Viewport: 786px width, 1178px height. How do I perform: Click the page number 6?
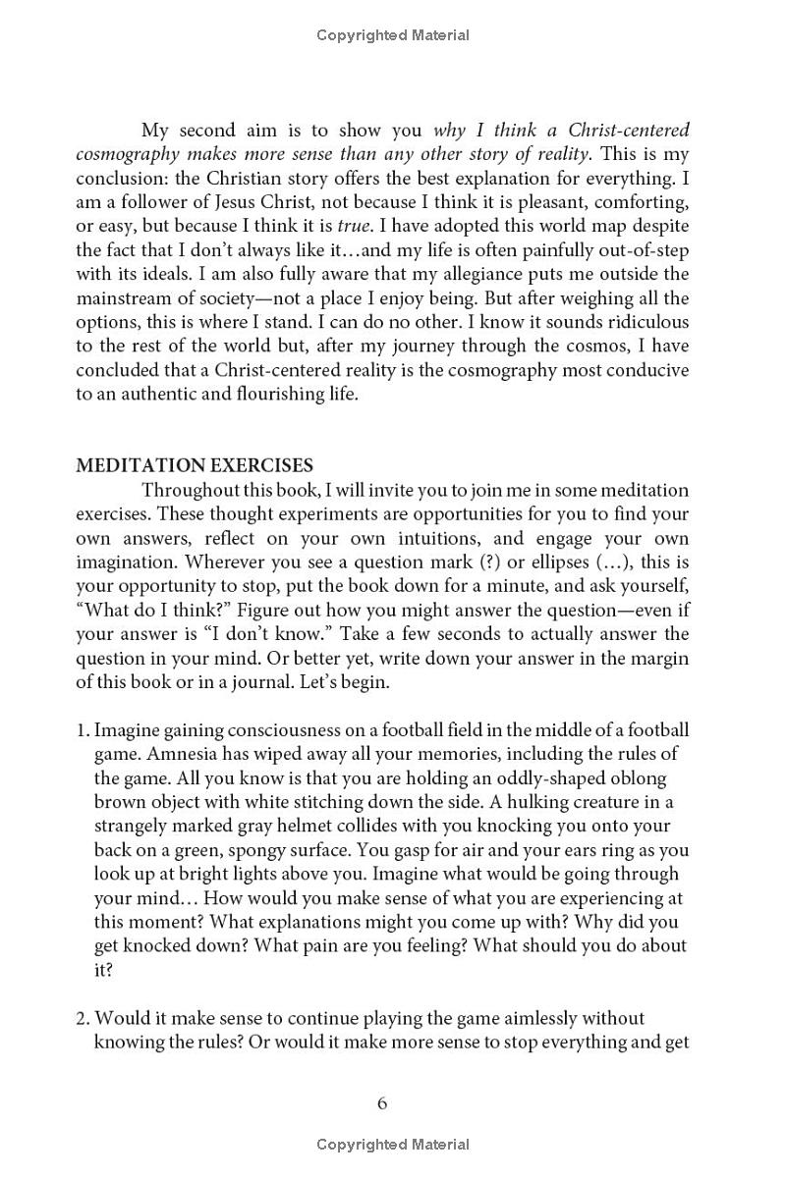coord(382,1103)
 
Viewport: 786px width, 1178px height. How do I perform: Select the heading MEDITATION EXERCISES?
coord(195,466)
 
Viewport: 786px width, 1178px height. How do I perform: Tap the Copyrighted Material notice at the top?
coord(393,35)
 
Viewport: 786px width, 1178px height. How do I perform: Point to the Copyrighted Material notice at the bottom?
coord(393,1145)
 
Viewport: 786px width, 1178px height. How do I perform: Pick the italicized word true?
coord(352,226)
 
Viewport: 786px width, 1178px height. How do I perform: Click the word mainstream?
coord(126,298)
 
